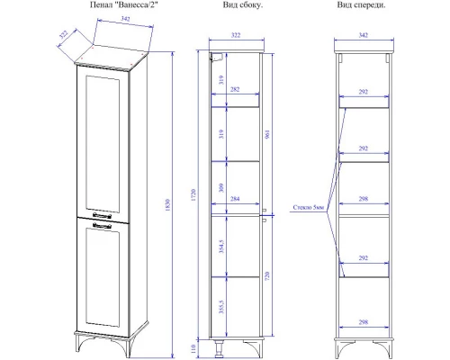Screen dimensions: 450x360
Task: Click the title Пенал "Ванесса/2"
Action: (x=124, y=4)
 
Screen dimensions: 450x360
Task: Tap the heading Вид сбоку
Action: (x=243, y=4)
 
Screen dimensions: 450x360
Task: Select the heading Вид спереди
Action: (x=361, y=4)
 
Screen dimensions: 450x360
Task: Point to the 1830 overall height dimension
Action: (x=167, y=205)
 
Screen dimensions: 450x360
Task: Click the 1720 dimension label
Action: (x=193, y=195)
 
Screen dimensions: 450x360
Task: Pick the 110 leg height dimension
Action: (x=193, y=348)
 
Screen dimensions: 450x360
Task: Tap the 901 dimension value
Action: (x=267, y=134)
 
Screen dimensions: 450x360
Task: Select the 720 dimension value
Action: (x=267, y=275)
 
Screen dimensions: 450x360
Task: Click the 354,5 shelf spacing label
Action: (x=221, y=246)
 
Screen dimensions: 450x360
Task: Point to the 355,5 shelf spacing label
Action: (x=221, y=307)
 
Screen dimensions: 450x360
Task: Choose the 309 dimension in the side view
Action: (x=221, y=188)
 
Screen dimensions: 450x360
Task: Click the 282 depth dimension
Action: (x=235, y=89)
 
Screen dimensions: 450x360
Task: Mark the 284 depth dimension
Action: (x=235, y=199)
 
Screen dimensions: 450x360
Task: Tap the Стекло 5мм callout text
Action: (x=308, y=207)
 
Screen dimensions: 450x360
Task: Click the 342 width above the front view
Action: (x=364, y=35)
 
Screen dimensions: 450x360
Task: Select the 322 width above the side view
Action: (x=236, y=35)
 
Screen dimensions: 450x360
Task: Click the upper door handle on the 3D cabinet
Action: (x=102, y=215)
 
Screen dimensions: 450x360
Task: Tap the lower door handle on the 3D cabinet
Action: (x=102, y=226)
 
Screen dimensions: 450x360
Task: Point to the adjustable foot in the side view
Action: (x=219, y=348)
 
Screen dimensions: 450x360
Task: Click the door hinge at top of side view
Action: (x=216, y=58)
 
